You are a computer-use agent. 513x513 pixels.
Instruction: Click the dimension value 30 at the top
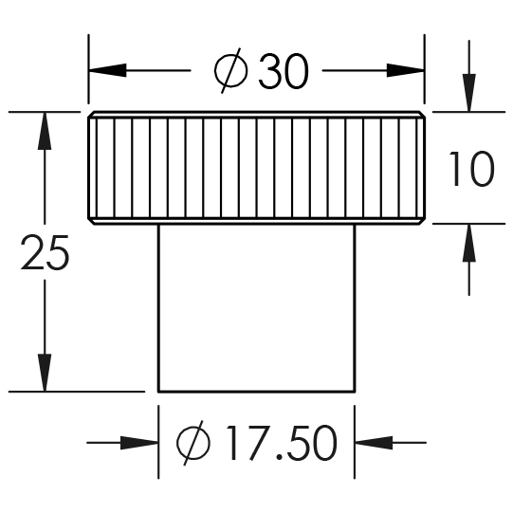[284, 72]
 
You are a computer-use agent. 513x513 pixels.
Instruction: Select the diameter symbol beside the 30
[230, 71]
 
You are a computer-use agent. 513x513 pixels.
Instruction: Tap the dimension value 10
[471, 169]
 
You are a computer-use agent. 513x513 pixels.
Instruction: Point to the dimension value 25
[45, 252]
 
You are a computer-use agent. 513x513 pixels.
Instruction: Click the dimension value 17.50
[282, 443]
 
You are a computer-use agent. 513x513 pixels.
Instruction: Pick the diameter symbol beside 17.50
[193, 443]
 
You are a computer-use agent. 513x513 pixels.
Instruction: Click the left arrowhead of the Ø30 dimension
[108, 70]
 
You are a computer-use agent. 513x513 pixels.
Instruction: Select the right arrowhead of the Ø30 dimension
[406, 70]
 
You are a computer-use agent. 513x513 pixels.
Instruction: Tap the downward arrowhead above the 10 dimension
[468, 93]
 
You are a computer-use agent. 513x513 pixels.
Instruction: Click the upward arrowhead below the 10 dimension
[468, 243]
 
